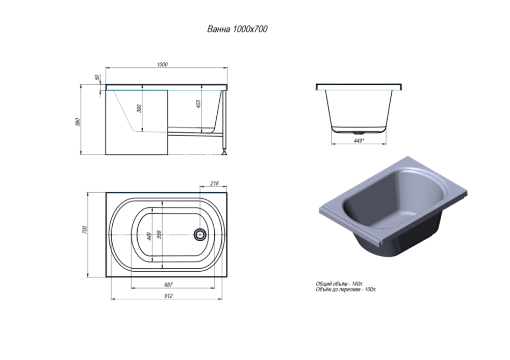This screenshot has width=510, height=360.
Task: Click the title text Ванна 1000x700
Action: (238, 29)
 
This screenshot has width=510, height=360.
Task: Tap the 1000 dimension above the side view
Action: (162, 64)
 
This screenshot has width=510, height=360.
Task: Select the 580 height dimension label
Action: (78, 122)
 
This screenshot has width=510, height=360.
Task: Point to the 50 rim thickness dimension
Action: (97, 78)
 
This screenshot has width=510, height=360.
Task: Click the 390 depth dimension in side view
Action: (139, 109)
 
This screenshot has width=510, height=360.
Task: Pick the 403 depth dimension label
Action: (198, 104)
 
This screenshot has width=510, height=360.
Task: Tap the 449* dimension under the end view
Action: (359, 141)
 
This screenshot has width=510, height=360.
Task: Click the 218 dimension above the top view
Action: (214, 184)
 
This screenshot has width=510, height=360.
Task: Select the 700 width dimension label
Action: (85, 230)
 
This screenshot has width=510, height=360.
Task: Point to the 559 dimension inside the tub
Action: (159, 235)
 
